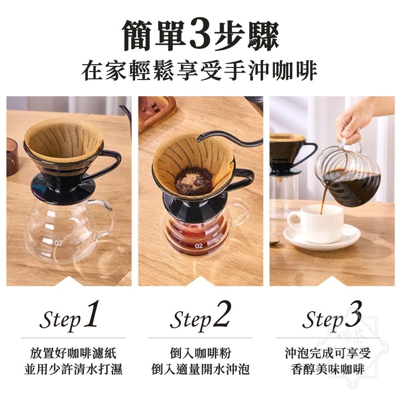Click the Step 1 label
coord(69,317)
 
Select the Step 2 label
coord(200,317)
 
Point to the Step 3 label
coord(332,317)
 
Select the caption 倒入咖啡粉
coord(200,353)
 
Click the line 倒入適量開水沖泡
coord(200,369)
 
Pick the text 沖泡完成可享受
coord(328,353)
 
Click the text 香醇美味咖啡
coord(328,369)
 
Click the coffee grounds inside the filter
coord(194,182)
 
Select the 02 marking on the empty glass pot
coord(59,243)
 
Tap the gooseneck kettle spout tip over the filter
coord(198,139)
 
